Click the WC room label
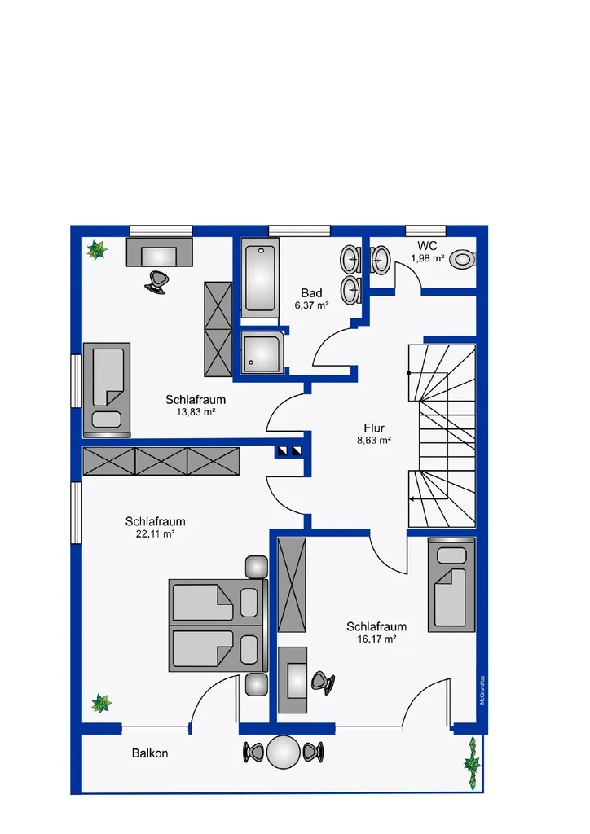pos(427,246)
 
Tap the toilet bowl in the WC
pos(462,260)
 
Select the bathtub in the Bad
pos(260,278)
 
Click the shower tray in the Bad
pos(263,352)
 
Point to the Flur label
pos(374,428)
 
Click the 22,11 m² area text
pos(156,534)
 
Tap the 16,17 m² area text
pos(376,639)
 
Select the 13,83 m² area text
pos(196,411)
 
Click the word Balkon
pos(150,753)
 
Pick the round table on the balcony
pos(283,752)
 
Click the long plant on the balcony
pos(471,763)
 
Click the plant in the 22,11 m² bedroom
pos(101,703)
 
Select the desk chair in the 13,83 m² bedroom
pos(158,282)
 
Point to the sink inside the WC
pos(381,260)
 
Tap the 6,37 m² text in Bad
pos(312,305)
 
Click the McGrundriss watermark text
pos(482,690)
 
